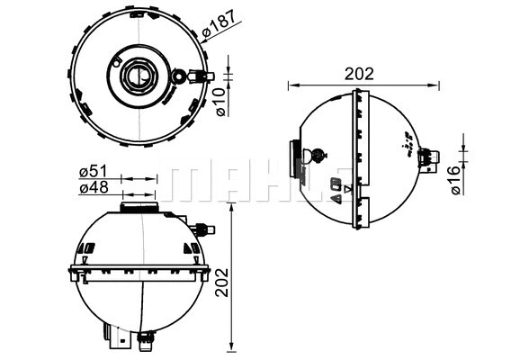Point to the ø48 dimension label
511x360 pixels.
pos(94,188)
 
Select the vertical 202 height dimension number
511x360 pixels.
pos(222,282)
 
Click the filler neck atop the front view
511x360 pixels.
pos(139,208)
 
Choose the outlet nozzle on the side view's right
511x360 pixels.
pos(430,160)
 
